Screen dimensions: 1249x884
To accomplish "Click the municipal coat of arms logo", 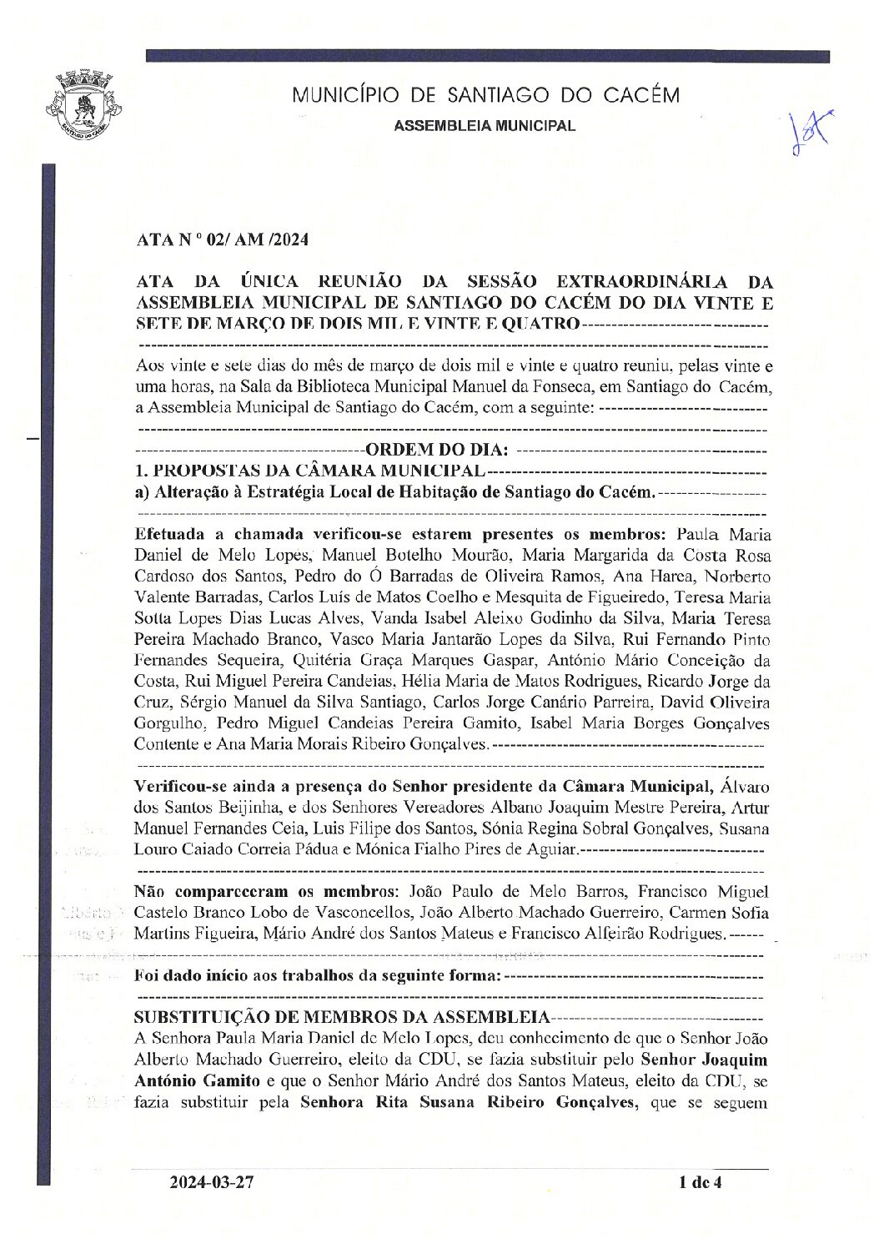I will [x=84, y=106].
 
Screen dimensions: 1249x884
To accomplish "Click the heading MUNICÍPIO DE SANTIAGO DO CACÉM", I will [x=485, y=95].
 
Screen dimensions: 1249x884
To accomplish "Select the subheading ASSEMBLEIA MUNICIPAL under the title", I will [x=484, y=126].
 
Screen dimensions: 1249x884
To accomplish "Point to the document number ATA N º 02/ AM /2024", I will [x=223, y=240].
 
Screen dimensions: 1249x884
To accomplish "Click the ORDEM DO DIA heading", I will [x=437, y=451].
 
